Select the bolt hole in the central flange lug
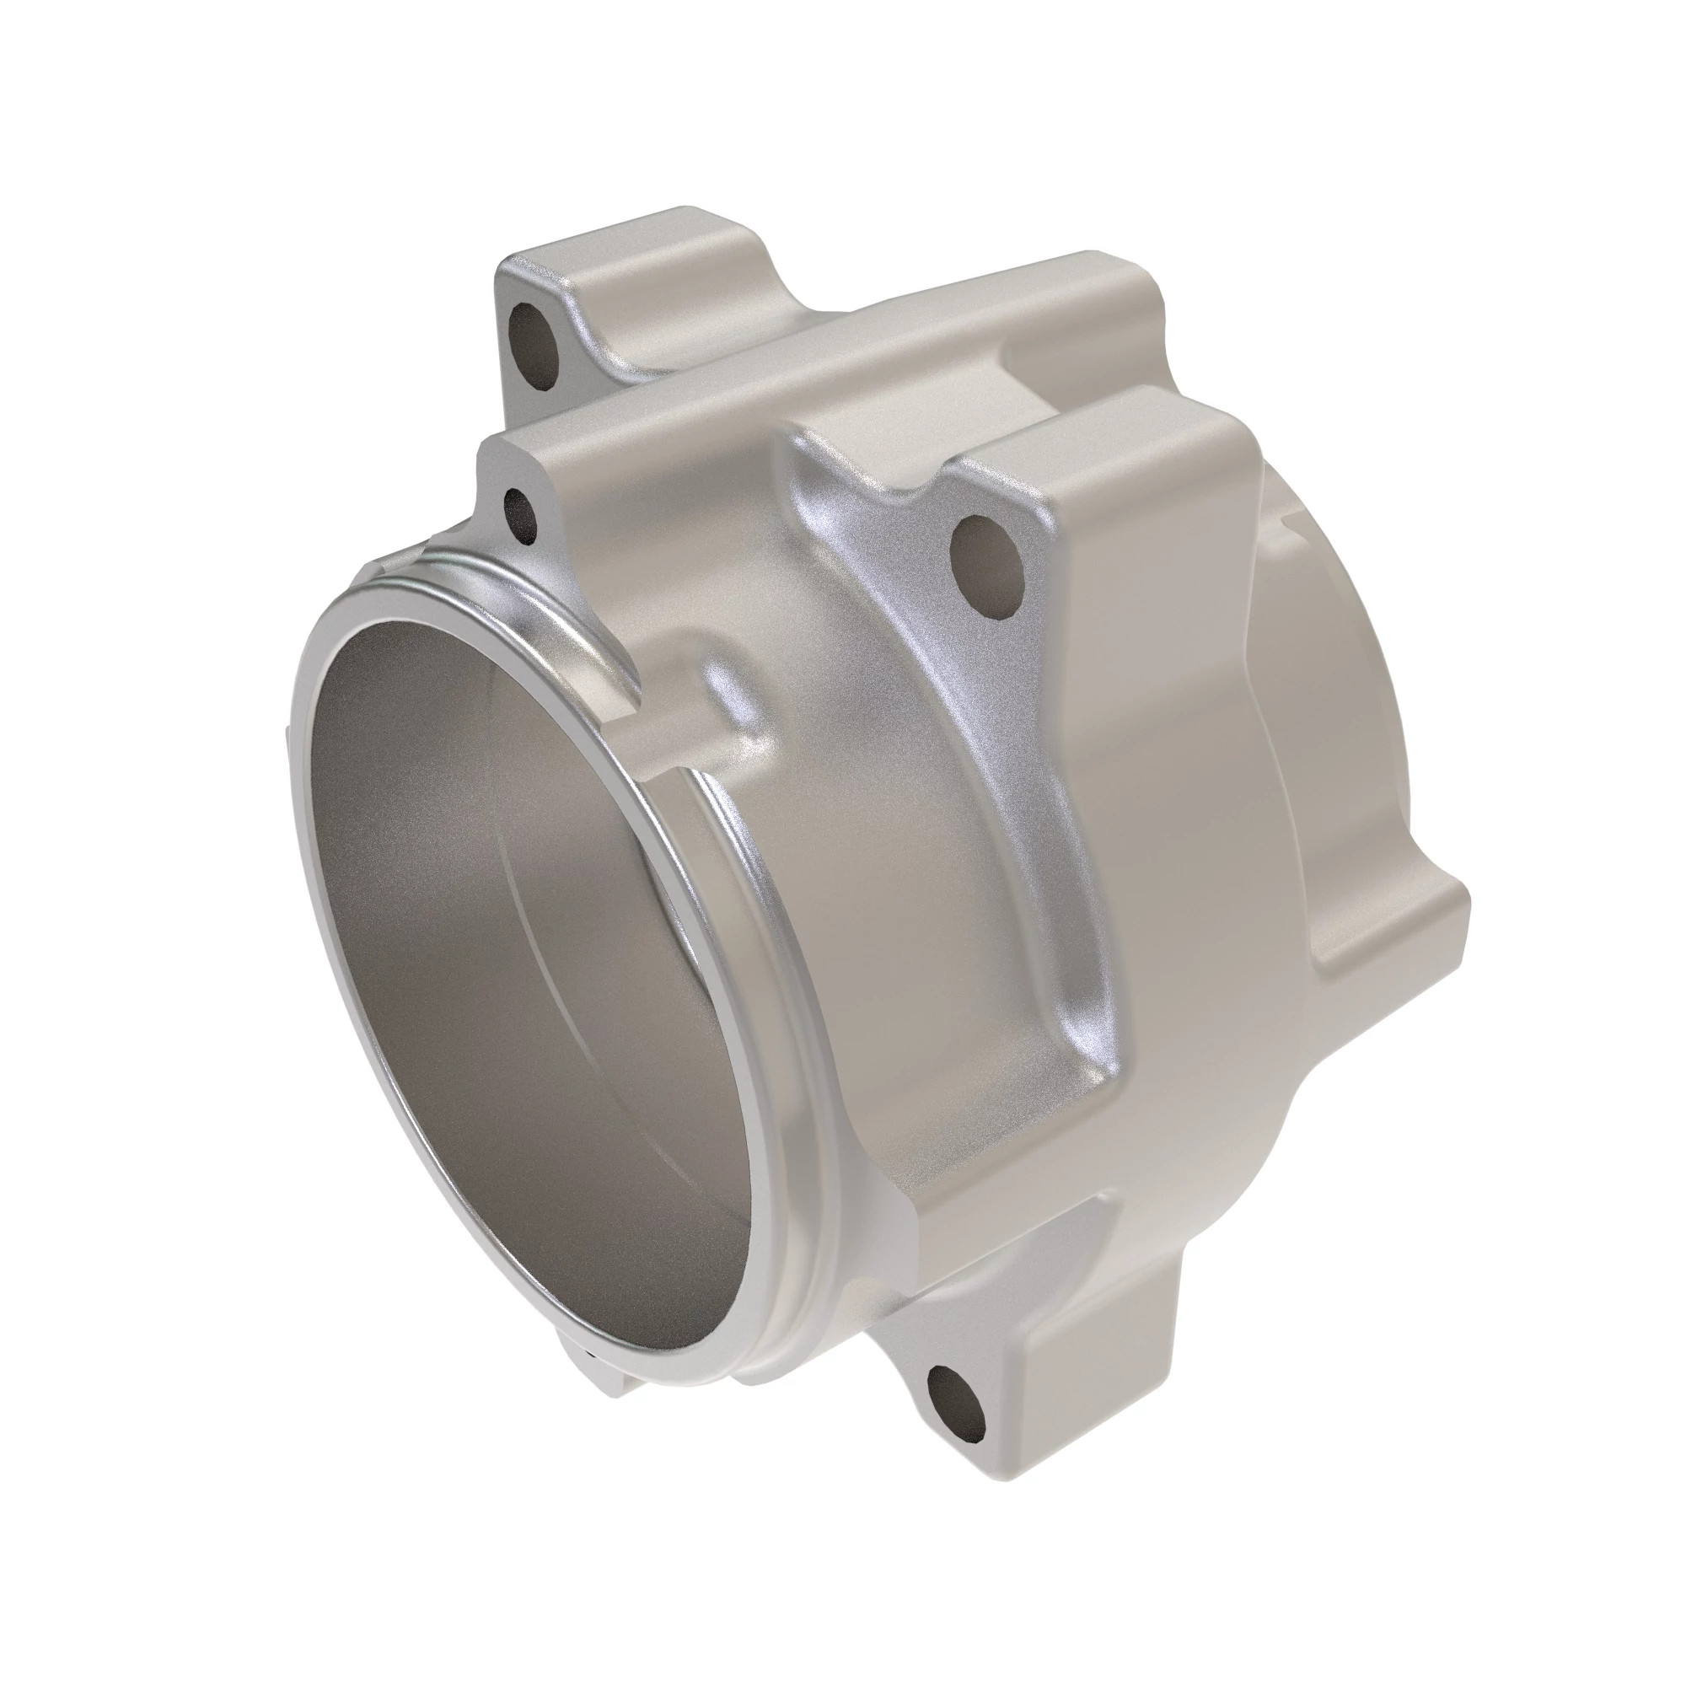pyautogui.click(x=987, y=566)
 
